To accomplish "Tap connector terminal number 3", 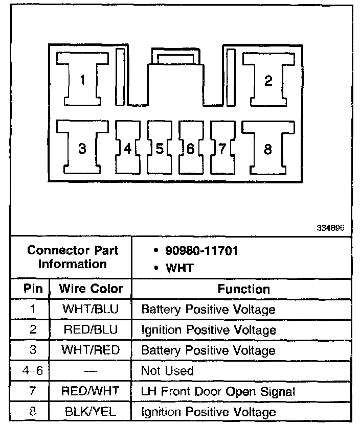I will click(82, 149).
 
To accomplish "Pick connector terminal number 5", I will click(159, 149).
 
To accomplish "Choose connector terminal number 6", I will click(190, 149).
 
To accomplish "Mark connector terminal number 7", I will click(221, 149).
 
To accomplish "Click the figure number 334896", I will click(333, 229).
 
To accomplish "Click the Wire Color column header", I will click(91, 289).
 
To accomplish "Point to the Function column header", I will click(243, 289).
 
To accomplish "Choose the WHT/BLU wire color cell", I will click(91, 310).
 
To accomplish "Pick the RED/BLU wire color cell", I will click(91, 330).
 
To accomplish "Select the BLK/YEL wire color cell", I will click(91, 412).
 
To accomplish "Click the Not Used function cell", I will click(167, 371).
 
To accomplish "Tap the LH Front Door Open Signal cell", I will click(218, 391).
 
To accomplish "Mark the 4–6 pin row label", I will click(33, 371).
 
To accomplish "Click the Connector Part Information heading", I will click(73, 257).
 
